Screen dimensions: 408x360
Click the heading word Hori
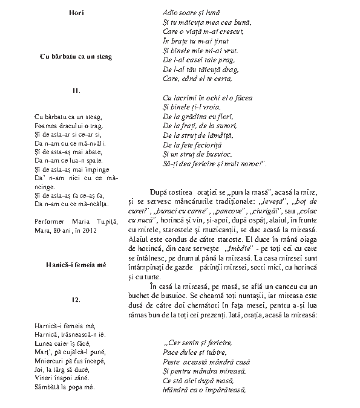point(76,13)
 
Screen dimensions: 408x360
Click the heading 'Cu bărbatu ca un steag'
point(76,56)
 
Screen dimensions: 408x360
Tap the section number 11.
point(76,91)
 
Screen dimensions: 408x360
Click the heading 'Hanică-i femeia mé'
point(76,265)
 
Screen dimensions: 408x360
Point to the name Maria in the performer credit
point(80,222)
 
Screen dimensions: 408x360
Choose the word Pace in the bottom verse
point(172,351)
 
